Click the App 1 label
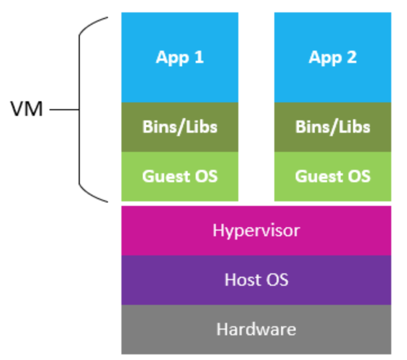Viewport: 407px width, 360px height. (x=179, y=57)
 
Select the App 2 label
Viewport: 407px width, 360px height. (x=332, y=57)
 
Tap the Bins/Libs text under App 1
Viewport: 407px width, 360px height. (x=179, y=127)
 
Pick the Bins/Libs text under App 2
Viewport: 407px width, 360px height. (x=332, y=127)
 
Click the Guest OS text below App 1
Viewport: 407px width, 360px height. (x=179, y=176)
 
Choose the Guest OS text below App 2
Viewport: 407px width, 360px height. (x=332, y=176)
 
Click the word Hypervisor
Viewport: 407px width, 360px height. (x=256, y=231)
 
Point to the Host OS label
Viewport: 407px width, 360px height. (x=256, y=280)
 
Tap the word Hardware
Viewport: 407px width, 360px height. (x=256, y=328)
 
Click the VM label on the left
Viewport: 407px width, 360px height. (x=26, y=109)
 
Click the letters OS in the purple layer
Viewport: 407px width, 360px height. (x=277, y=280)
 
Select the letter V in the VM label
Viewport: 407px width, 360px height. (x=18, y=109)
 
